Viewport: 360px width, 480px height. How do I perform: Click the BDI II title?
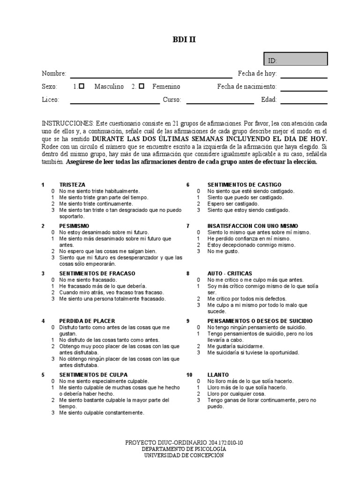[x=184, y=40]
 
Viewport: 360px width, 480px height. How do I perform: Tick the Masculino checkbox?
[x=82, y=86]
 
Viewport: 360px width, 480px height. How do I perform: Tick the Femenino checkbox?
[x=142, y=86]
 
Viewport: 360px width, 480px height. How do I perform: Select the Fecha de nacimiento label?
[x=247, y=87]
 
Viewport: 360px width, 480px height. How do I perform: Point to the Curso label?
[x=172, y=99]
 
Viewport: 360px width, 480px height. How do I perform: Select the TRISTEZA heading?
[x=72, y=185]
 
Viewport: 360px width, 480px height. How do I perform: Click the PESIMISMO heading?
[x=74, y=225]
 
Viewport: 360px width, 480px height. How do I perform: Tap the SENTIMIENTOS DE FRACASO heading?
[x=97, y=273]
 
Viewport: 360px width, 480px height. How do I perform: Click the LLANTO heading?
[x=218, y=375]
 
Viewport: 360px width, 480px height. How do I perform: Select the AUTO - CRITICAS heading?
[x=230, y=273]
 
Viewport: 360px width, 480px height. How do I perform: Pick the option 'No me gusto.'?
[x=223, y=251]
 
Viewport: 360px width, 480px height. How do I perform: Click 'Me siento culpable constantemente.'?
[x=101, y=413]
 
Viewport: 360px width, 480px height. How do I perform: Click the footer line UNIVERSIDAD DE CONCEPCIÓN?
[x=184, y=455]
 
